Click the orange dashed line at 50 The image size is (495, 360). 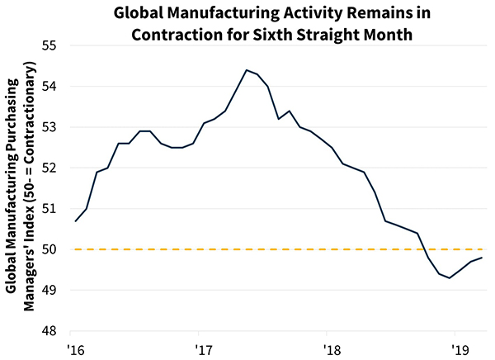247,249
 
